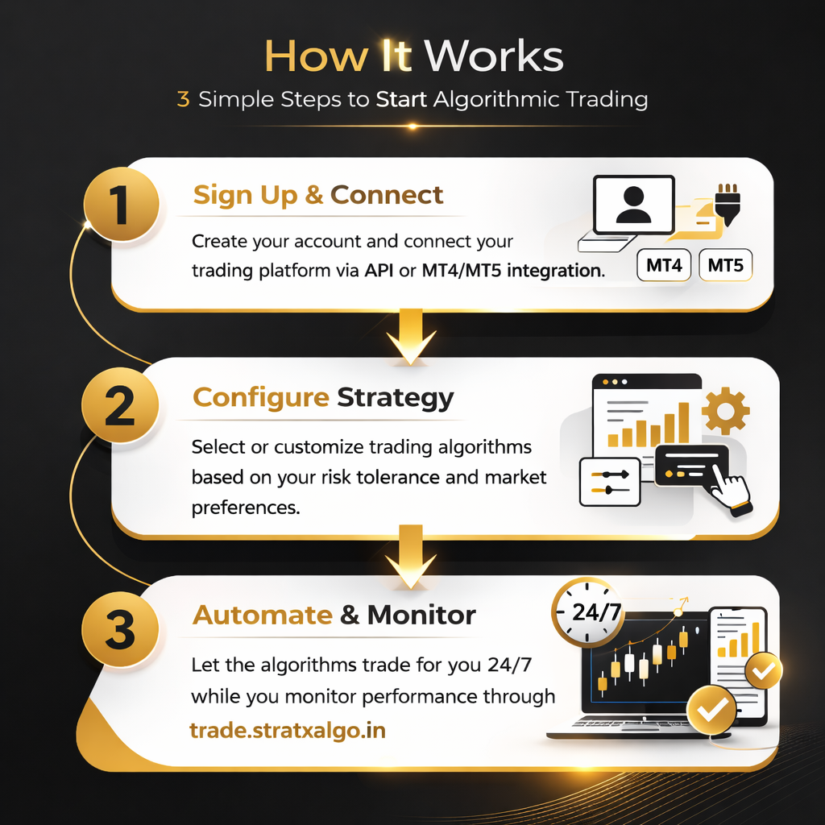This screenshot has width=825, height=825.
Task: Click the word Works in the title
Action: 494,56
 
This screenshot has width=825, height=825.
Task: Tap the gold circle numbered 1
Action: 122,204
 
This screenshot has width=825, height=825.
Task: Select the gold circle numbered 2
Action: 121,405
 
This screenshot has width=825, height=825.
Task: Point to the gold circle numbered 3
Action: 121,629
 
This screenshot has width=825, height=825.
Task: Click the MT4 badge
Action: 664,265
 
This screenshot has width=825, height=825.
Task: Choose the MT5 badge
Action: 726,265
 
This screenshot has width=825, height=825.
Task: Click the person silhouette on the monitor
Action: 633,205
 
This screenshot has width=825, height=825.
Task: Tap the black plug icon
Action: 728,205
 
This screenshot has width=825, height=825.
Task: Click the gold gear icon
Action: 726,411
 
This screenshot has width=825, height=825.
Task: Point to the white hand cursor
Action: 730,487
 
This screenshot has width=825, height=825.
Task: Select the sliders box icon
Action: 610,482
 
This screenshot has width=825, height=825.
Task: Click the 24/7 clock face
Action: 588,612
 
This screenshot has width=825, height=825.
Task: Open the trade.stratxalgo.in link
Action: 288,730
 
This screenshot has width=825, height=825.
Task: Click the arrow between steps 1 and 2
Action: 411,337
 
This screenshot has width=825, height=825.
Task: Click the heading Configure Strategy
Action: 323,398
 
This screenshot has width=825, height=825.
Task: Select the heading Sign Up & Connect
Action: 318,195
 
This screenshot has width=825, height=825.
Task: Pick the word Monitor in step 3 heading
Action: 421,615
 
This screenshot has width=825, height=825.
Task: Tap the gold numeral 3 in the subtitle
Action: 183,99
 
